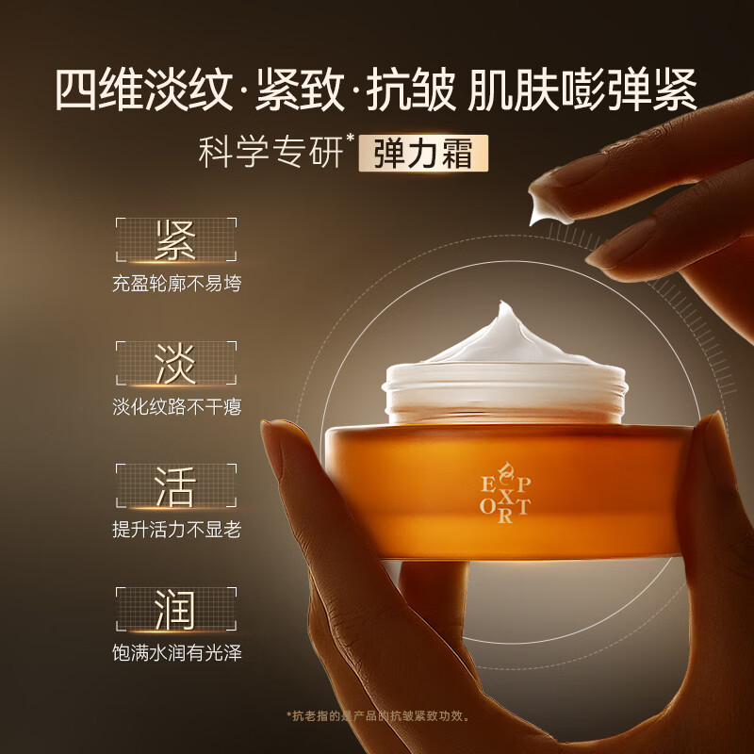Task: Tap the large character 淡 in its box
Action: coord(175,363)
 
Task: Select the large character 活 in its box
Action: coord(175,486)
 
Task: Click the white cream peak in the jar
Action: coord(500,330)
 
